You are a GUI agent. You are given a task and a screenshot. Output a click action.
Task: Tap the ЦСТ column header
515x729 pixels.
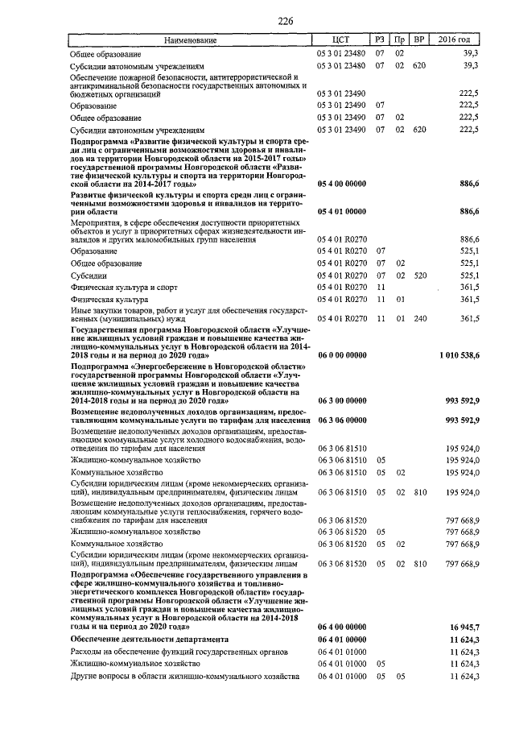point(342,39)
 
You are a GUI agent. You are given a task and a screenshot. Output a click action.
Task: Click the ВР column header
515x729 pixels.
point(418,39)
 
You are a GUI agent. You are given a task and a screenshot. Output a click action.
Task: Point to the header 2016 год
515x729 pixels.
point(455,39)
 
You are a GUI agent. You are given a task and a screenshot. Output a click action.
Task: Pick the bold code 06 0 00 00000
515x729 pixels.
point(342,354)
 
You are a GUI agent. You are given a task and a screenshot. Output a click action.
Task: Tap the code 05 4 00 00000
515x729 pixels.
point(342,184)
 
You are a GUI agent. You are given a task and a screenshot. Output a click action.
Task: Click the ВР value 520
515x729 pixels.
point(418,275)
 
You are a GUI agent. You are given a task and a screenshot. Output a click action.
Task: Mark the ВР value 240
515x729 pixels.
point(418,319)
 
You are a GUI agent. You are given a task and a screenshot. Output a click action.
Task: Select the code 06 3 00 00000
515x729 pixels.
point(342,400)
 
